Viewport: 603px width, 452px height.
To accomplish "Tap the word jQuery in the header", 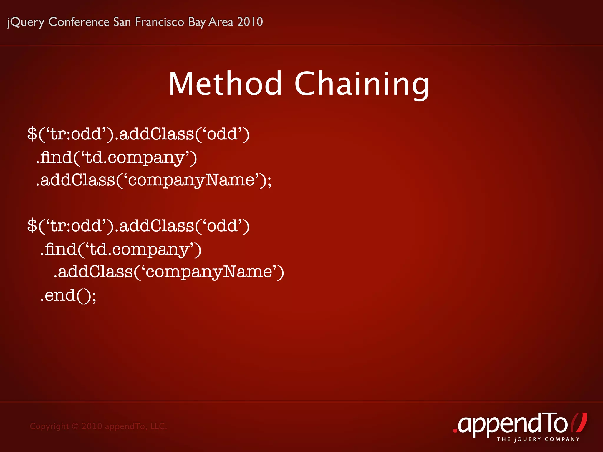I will [x=26, y=22].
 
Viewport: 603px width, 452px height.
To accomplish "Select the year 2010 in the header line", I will [x=250, y=22].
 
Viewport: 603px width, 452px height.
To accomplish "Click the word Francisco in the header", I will [x=159, y=22].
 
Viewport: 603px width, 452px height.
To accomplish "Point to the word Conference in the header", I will [x=79, y=22].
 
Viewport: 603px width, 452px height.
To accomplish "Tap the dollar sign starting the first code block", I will [x=32, y=134].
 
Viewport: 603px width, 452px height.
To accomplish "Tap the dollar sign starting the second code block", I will [x=32, y=226].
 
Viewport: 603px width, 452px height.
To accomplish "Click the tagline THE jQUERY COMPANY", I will [x=538, y=439].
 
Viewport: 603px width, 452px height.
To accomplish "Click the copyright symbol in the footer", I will [x=75, y=426].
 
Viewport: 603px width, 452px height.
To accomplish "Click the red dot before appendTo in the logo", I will [x=455, y=431].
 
